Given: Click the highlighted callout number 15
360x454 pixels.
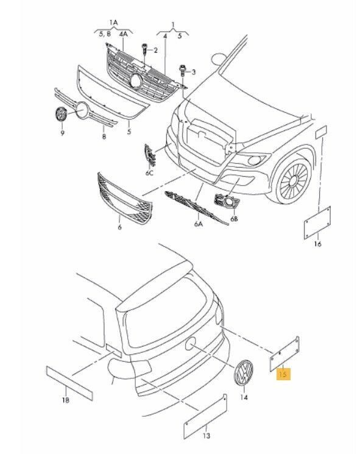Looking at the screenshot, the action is coord(283,374).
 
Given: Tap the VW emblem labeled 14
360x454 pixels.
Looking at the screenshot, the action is coord(244,372).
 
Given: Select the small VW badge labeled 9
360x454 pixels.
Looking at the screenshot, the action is coord(61,114).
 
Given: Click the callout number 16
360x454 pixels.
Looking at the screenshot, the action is coord(317,244).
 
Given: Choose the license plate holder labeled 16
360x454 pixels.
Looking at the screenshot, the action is coord(317,222).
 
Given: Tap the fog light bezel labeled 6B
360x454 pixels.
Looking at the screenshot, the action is coord(227,200).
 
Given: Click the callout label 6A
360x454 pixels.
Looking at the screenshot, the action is coord(198,224).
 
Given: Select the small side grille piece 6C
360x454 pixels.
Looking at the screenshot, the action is coord(150,156).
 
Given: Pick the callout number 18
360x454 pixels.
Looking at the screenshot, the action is coord(66,400).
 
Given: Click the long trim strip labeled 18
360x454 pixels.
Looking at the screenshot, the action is coord(69,383).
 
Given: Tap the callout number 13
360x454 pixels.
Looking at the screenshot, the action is coord(206,436).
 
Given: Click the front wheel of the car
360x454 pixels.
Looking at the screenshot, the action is coord(293,180).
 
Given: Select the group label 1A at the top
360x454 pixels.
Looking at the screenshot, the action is coord(113,23).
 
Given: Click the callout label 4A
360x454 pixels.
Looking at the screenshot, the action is coord(123,34).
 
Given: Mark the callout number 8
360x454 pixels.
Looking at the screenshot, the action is coord(104,136).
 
